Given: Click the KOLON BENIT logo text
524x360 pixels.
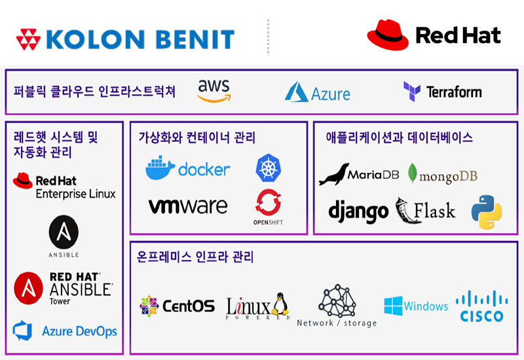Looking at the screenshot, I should coord(141,39).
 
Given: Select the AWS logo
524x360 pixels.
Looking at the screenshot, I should coord(214,90).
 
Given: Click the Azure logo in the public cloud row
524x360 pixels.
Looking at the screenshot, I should coord(317,92).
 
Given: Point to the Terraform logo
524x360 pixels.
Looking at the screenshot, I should coord(443,92).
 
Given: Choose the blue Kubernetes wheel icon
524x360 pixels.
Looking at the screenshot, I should coord(268,168).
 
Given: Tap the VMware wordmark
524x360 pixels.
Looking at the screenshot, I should coord(188,206).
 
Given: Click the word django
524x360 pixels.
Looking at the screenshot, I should coord(358,211).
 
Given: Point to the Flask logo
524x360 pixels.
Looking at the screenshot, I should coord(426,211).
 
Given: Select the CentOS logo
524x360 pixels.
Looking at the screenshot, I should coord(177,306).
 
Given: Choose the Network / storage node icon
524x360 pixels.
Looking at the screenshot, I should coord(337,301).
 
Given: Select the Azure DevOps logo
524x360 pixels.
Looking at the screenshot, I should coord(65,331).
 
